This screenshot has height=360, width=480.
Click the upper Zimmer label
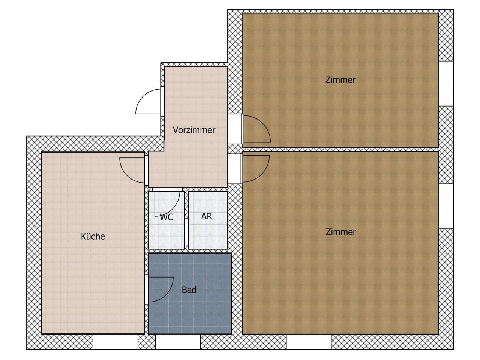click(x=340, y=80)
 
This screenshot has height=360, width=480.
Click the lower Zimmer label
click(x=341, y=232)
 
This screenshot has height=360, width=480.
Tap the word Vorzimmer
click(x=194, y=130)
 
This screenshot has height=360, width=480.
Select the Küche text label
click(x=93, y=236)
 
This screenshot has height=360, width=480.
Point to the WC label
click(x=166, y=217)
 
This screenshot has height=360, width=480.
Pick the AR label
click(x=207, y=216)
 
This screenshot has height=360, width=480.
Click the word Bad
click(x=189, y=290)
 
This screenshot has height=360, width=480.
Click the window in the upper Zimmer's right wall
click(x=446, y=84)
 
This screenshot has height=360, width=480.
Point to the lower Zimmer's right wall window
click(x=446, y=206)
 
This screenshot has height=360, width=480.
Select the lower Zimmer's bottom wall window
click(x=309, y=342)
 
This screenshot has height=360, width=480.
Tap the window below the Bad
click(x=178, y=342)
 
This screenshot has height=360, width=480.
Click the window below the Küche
click(x=115, y=342)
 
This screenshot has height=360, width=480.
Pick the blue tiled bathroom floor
click(x=190, y=315)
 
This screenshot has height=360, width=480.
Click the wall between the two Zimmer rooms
click(x=340, y=150)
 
